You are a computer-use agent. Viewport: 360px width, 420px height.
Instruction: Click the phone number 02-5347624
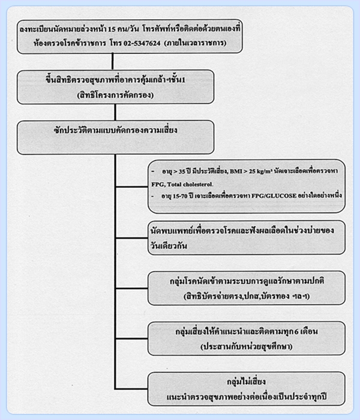[142, 43]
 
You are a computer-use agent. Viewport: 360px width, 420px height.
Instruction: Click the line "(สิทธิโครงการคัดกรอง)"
[115, 95]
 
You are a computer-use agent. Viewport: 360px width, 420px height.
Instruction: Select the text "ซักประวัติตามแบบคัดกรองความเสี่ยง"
[115, 130]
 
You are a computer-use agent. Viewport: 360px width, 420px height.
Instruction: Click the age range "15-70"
[180, 196]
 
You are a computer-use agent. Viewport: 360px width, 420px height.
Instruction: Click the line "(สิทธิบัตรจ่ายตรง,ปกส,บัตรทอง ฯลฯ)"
[247, 296]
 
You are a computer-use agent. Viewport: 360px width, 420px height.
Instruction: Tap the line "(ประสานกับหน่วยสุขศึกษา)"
[247, 346]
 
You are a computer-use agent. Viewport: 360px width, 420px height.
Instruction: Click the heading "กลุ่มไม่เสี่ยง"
[246, 382]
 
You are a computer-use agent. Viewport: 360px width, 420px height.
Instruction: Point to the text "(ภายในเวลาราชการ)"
[195, 43]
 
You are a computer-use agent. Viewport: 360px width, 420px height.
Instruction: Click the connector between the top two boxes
[113, 61]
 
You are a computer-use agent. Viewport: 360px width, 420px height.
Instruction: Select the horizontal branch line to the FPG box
[131, 187]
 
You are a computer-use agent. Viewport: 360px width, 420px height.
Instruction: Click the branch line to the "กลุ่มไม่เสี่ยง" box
[131, 388]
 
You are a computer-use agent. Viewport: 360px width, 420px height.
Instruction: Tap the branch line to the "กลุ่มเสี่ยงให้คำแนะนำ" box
[131, 338]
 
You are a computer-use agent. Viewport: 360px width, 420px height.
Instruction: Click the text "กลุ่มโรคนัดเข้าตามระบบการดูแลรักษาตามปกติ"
[247, 281]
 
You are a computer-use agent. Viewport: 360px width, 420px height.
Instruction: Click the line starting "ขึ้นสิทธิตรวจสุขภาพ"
[115, 80]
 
